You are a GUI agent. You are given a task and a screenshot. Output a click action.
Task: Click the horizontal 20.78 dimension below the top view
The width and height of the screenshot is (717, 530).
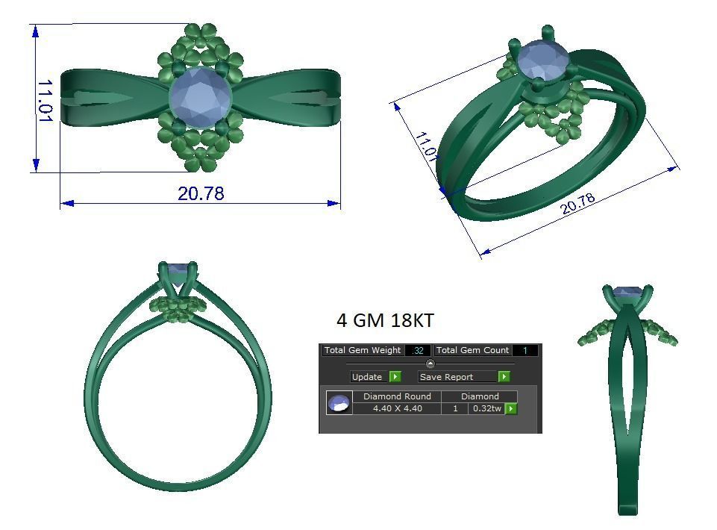(201, 193)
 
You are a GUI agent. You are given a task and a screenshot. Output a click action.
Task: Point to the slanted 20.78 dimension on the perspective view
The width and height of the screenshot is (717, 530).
(578, 204)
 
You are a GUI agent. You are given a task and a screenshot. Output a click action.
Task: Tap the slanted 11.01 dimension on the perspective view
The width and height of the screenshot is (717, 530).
(426, 146)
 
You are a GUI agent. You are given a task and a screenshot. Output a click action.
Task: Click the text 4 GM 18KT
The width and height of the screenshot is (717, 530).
(385, 321)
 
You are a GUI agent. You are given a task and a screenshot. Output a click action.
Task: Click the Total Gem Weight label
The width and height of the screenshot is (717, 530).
(363, 350)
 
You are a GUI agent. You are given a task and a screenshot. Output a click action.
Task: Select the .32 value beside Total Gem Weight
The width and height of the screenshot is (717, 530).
(418, 350)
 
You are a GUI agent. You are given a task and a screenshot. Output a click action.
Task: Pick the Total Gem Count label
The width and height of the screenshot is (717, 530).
(472, 350)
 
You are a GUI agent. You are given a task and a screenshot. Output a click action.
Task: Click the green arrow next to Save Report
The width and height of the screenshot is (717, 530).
(504, 377)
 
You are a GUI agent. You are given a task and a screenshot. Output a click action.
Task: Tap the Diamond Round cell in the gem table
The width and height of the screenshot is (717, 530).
(397, 396)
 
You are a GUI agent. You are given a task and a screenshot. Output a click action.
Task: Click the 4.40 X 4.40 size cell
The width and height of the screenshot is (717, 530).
(397, 408)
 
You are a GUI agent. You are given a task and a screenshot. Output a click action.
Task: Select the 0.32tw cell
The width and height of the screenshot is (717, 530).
(486, 408)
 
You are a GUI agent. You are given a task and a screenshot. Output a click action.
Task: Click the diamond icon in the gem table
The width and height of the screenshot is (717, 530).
(339, 403)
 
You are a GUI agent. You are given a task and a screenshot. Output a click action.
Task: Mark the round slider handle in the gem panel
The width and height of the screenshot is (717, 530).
(430, 364)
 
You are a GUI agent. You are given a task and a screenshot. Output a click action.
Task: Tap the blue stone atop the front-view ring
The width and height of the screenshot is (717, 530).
(178, 269)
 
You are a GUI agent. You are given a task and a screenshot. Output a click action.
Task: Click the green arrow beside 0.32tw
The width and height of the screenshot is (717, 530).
(511, 408)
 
